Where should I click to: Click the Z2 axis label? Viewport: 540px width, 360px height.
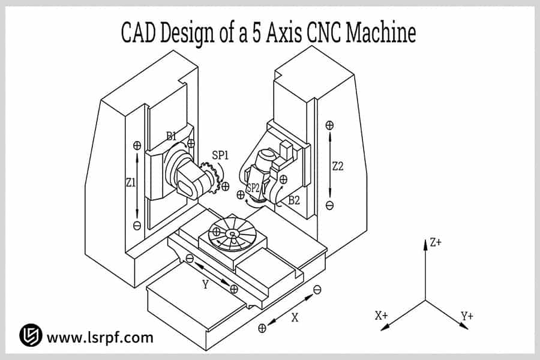(338, 166)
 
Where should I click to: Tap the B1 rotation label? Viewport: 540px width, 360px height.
(172, 136)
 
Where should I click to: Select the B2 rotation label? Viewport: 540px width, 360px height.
(293, 200)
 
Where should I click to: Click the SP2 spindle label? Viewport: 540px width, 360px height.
(253, 188)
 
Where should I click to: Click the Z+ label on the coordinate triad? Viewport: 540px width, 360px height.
(436, 243)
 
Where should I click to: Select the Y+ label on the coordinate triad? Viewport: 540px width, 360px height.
(467, 316)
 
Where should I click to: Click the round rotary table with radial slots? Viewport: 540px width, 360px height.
(234, 235)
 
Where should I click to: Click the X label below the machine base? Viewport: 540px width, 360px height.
(295, 318)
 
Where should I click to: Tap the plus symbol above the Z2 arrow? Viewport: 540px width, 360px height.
(329, 125)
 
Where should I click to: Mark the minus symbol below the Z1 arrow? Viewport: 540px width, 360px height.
(137, 226)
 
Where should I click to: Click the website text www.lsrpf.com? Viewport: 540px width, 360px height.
(100, 337)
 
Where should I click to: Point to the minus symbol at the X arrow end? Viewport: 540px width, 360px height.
(317, 290)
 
